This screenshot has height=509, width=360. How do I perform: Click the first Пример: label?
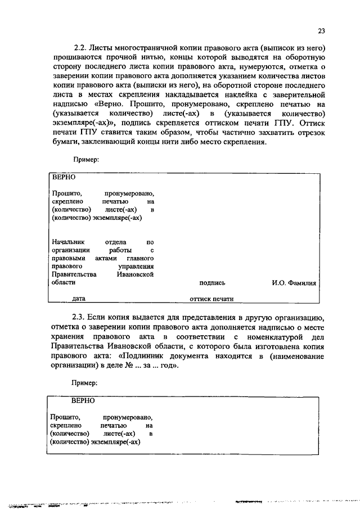tap(85, 160)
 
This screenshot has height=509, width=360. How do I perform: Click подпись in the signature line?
tap(212, 282)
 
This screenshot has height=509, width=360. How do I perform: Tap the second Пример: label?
tap(85, 382)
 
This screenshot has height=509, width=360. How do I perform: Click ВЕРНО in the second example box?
tap(83, 402)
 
